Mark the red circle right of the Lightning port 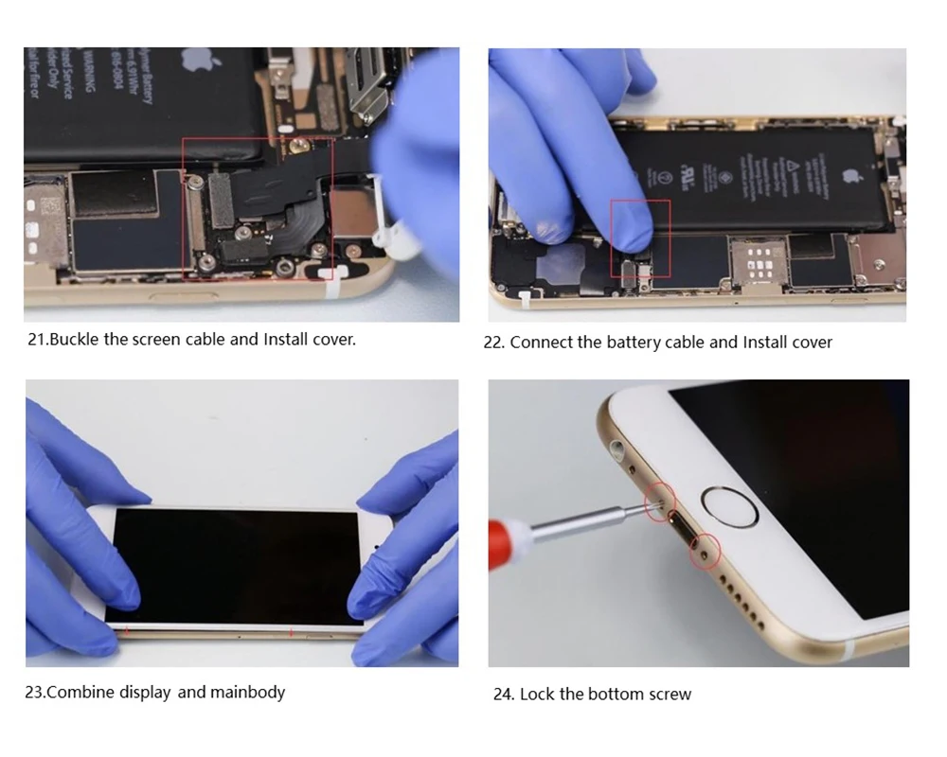pos(705,550)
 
